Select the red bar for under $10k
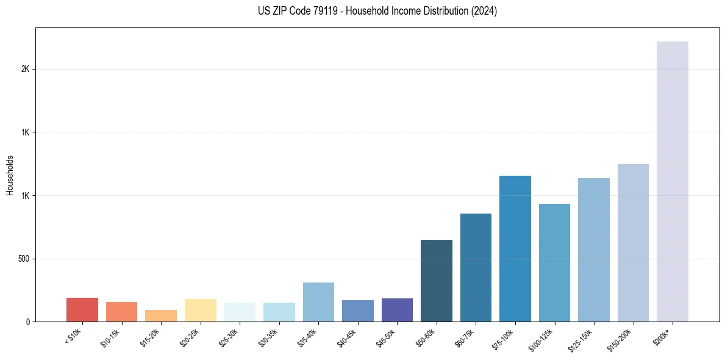(82, 310)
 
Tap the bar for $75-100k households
(515, 248)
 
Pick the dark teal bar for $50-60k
(437, 281)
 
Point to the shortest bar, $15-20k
(161, 316)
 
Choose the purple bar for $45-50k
(397, 310)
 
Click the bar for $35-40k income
(318, 302)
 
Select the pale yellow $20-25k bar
(201, 310)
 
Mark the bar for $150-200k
(633, 243)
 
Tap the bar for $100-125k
(554, 262)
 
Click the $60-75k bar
(476, 267)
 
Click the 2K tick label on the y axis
(25, 69)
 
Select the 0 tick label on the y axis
(27, 322)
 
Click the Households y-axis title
(10, 175)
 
